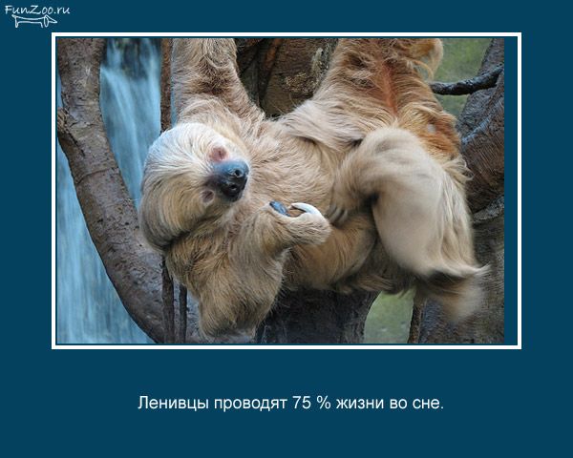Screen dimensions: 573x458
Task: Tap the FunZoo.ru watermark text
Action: pos(37,10)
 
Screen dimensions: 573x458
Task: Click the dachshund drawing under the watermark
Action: pos(34,21)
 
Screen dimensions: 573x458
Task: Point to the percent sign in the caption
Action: pos(324,403)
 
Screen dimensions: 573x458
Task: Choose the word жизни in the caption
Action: pos(360,404)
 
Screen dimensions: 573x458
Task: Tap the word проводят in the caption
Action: pos(250,405)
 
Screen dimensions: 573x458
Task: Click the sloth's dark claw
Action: pos(280,208)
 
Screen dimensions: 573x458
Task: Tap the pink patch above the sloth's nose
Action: pos(218,154)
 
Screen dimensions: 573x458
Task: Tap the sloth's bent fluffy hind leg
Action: pos(410,204)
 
